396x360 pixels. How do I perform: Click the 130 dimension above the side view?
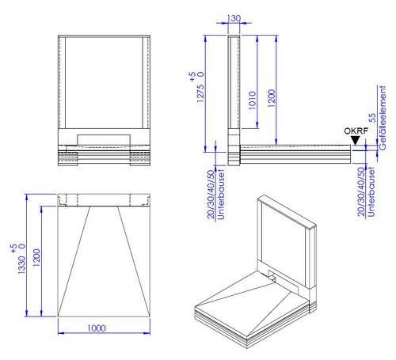(x=234, y=18)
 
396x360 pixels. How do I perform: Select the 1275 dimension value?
(x=200, y=93)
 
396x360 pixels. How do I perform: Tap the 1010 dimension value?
(x=253, y=100)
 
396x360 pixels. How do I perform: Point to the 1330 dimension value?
(x=21, y=264)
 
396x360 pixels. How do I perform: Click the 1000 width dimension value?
(x=97, y=328)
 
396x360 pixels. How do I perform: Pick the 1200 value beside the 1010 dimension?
(x=272, y=98)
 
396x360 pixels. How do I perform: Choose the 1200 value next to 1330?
(x=36, y=257)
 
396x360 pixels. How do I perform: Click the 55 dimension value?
(x=372, y=118)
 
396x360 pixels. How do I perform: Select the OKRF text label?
(x=356, y=131)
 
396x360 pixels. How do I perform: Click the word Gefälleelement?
(x=382, y=118)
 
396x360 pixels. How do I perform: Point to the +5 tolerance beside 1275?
(x=192, y=77)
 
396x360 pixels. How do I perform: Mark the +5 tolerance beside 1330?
(x=13, y=248)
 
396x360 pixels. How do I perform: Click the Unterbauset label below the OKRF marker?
(x=371, y=192)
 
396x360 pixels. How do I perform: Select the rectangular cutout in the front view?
(x=104, y=140)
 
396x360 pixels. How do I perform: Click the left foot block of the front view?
(x=67, y=158)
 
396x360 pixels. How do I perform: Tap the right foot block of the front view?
(x=140, y=158)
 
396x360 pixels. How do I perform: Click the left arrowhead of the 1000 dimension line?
(x=61, y=333)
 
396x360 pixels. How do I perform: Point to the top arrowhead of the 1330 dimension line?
(x=26, y=197)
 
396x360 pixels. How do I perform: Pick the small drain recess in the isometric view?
(x=272, y=277)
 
